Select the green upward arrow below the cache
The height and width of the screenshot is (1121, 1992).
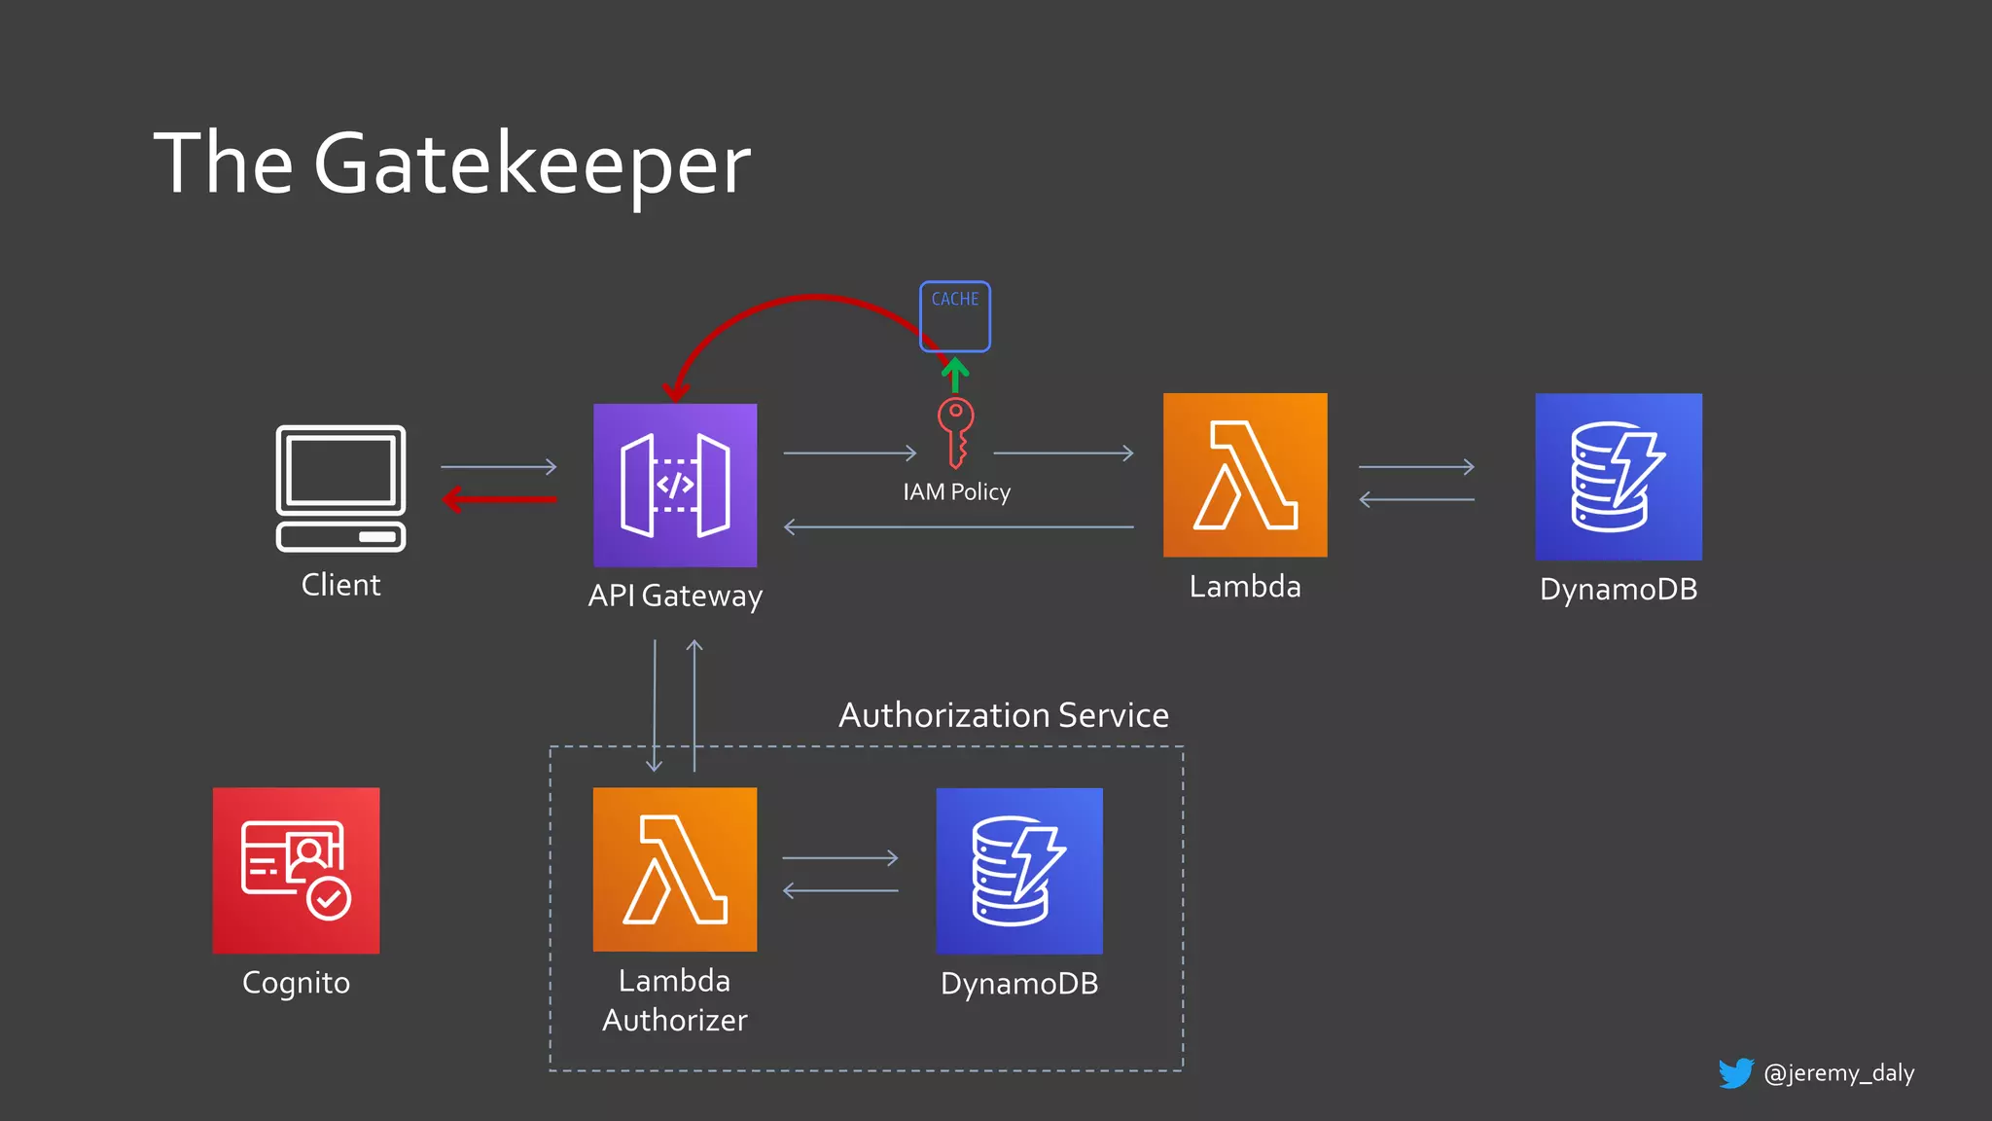pos(955,375)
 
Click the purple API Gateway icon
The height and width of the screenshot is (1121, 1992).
pos(675,485)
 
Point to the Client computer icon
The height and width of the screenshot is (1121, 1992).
pos(340,488)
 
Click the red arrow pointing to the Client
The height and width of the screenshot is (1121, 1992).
pos(498,500)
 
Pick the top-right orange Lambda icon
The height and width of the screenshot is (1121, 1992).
pos(1245,475)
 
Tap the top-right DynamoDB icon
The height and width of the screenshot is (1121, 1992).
pos(1618,477)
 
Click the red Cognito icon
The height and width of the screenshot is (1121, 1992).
pos(296,870)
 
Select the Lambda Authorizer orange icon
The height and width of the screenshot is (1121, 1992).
pos(675,869)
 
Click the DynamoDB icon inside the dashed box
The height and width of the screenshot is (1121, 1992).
pos(1019,871)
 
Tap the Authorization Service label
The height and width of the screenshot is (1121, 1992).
pos(1003,715)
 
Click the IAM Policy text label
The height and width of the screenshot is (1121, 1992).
pos(956,492)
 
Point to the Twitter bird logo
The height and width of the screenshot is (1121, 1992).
pos(1735,1072)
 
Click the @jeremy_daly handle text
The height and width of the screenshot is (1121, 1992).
pos(1838,1073)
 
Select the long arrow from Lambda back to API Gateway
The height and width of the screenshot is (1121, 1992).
pos(958,527)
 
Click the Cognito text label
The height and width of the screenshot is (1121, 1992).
pos(296,983)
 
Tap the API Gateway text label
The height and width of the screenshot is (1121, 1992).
pos(675,596)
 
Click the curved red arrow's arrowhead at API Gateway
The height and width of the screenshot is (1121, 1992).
pos(676,392)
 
